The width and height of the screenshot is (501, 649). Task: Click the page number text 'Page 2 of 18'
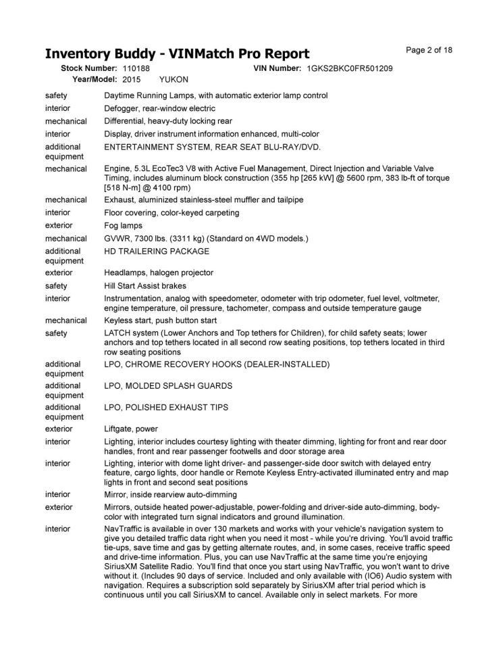[429, 50]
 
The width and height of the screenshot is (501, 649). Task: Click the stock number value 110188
[136, 69]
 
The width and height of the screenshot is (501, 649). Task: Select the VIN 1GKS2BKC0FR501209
[349, 69]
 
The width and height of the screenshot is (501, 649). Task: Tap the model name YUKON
[174, 80]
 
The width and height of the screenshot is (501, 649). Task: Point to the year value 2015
[132, 80]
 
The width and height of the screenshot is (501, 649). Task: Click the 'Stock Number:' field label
[89, 69]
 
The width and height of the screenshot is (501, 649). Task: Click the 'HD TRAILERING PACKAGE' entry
[157, 251]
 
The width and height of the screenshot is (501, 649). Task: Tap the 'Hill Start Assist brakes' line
[146, 286]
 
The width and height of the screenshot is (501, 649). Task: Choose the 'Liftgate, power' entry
[131, 429]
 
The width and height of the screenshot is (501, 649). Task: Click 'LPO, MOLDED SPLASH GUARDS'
[168, 386]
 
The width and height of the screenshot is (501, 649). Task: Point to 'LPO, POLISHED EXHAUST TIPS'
[166, 408]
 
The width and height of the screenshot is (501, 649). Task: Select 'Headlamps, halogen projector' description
[159, 272]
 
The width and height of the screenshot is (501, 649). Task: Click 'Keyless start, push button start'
[161, 320]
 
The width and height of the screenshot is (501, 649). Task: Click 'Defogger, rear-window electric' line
[160, 108]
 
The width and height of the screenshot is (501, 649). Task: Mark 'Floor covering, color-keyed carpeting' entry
[172, 212]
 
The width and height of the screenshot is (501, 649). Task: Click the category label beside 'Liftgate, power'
[59, 429]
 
